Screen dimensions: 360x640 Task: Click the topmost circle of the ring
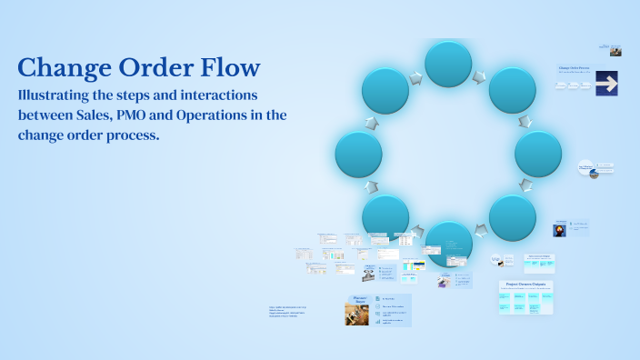[448, 64]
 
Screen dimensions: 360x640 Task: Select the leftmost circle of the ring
[358, 154]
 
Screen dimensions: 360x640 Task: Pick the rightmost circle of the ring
[538, 154]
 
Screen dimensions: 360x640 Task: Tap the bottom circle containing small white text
[448, 244]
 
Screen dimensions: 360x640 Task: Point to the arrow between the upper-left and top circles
[415, 79]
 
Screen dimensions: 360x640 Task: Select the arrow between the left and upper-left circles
[371, 122]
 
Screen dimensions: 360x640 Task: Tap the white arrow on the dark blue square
[606, 84]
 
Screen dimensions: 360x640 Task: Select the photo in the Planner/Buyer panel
[356, 313]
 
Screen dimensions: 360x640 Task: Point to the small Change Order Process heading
[575, 68]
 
